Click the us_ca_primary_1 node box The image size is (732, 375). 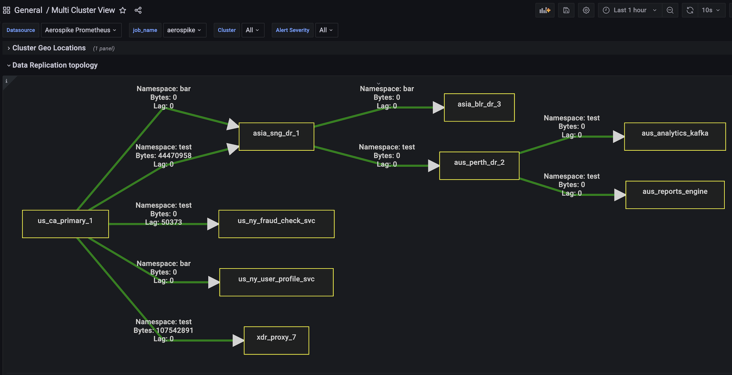tap(65, 224)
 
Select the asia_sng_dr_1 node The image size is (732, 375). tap(276, 137)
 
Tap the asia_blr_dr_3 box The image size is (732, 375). tap(479, 108)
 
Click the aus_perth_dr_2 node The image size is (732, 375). tap(479, 166)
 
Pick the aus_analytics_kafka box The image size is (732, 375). tap(675, 137)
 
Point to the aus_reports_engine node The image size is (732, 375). tap(675, 195)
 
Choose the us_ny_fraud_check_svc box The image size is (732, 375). tap(276, 224)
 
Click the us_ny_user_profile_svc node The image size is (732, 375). tap(276, 282)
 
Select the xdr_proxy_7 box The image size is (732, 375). tap(276, 340)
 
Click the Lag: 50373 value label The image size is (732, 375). tap(164, 222)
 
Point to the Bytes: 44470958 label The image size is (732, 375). tap(164, 156)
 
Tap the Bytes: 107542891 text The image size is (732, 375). tap(164, 330)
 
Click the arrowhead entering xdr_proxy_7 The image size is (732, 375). tap(238, 340)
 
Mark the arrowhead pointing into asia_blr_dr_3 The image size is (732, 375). tap(438, 108)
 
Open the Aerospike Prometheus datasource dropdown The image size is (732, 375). tap(81, 30)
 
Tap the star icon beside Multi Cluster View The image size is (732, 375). tap(123, 10)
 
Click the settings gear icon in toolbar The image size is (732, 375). tap(586, 10)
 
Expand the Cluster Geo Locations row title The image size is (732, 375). tap(49, 48)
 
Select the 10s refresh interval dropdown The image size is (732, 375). tap(711, 10)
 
